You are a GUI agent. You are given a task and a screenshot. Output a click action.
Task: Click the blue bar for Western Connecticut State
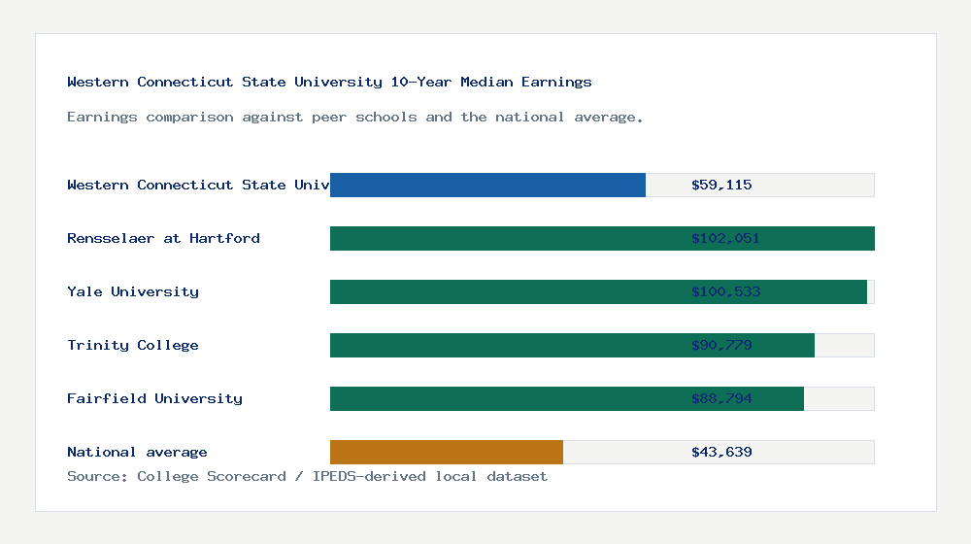pyautogui.click(x=487, y=185)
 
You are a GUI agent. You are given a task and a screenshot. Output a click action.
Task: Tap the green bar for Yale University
pyautogui.click(x=505, y=291)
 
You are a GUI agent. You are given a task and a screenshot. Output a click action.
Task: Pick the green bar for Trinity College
pyautogui.click(x=505, y=345)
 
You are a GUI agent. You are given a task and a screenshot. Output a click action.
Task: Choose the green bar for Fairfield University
pyautogui.click(x=505, y=398)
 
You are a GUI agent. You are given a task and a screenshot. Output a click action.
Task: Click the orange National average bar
pyautogui.click(x=447, y=452)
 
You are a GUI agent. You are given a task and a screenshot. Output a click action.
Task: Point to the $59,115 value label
pyautogui.click(x=721, y=185)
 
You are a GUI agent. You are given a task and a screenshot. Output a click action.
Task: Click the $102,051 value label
pyautogui.click(x=725, y=238)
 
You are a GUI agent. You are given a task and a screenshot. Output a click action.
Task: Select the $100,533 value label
pyautogui.click(x=725, y=291)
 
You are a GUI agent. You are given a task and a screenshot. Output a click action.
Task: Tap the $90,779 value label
pyautogui.click(x=721, y=345)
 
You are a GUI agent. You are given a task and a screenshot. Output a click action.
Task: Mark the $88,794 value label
pyautogui.click(x=721, y=398)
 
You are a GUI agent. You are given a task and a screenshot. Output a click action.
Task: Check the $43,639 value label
pyautogui.click(x=721, y=452)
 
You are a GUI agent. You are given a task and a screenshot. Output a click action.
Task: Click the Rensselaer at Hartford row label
pyautogui.click(x=163, y=238)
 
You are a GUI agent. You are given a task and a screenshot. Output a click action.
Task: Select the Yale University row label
pyautogui.click(x=133, y=291)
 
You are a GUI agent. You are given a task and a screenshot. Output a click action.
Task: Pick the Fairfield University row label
pyautogui.click(x=154, y=398)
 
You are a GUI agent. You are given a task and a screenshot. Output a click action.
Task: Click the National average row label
pyautogui.click(x=137, y=452)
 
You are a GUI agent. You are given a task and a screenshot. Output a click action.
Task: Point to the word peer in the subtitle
pyautogui.click(x=330, y=117)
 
